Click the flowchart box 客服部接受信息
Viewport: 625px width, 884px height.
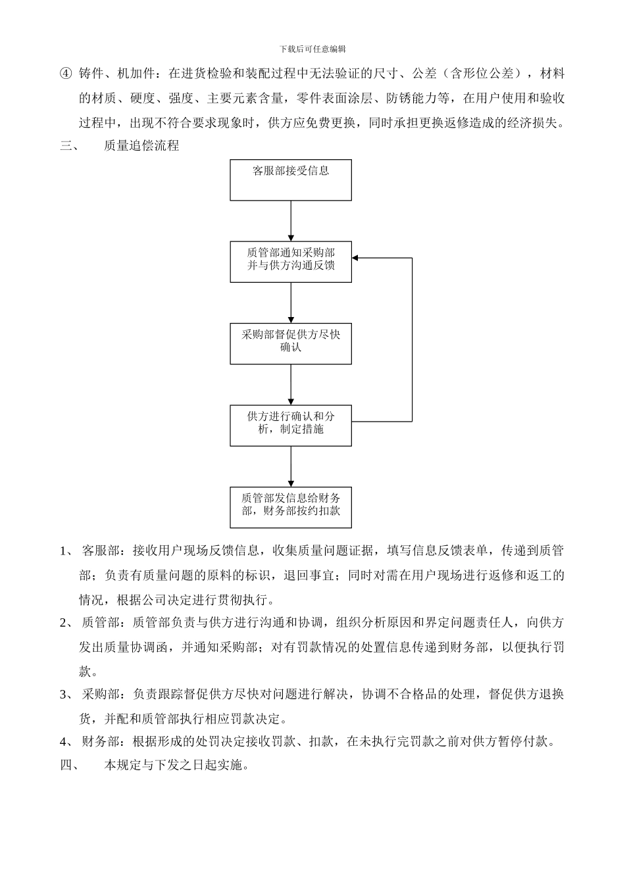[291, 180]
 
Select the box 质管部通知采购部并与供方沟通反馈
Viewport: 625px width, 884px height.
[291, 261]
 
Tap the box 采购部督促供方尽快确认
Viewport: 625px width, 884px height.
[291, 343]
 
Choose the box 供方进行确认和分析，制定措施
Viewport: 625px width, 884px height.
[291, 425]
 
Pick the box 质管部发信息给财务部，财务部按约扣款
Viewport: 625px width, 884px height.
[291, 506]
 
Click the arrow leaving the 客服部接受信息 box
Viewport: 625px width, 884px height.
[291, 220]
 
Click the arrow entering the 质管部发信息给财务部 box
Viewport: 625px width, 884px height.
[291, 466]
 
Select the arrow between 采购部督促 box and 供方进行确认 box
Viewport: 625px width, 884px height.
[291, 384]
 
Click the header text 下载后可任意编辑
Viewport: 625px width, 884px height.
[312, 49]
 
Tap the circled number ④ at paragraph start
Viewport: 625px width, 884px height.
[65, 73]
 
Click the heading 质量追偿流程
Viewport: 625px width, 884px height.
[141, 145]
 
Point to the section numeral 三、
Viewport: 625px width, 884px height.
[69, 145]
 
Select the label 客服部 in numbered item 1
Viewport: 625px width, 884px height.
[101, 550]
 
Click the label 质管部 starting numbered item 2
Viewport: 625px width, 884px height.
[101, 622]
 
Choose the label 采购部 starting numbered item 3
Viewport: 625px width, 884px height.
[101, 694]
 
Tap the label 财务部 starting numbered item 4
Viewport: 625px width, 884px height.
[101, 742]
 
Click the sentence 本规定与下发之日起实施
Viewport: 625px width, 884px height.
[176, 766]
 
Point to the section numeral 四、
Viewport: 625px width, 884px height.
[69, 766]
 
